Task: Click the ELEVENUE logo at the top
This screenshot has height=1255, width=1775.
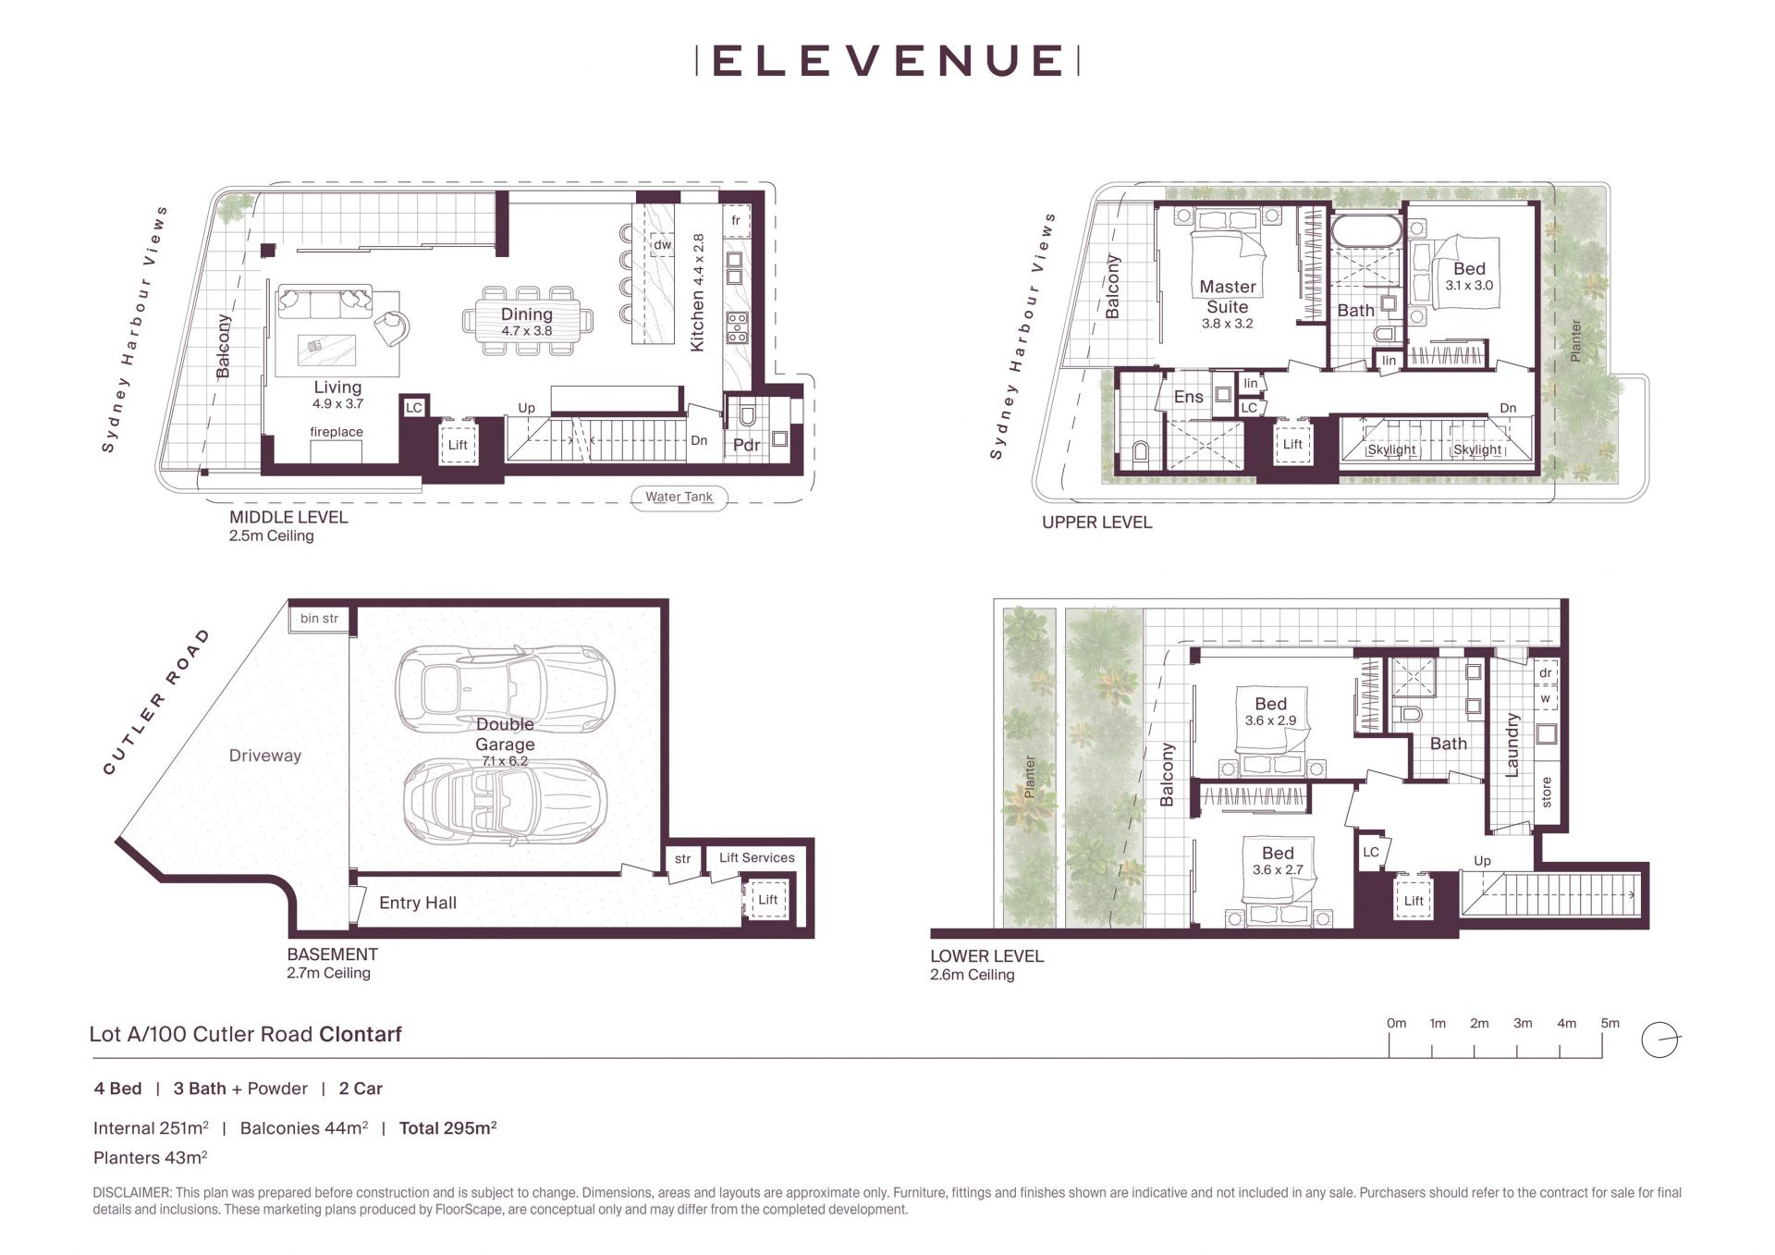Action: (887, 60)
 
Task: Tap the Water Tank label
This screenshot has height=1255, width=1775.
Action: (679, 497)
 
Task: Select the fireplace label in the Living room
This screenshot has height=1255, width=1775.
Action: (337, 432)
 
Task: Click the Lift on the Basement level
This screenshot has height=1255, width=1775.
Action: (768, 899)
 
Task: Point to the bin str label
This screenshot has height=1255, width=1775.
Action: (319, 618)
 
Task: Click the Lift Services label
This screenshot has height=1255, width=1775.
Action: (757, 857)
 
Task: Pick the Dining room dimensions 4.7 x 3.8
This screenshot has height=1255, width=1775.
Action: (527, 331)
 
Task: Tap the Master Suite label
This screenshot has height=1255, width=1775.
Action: (1228, 297)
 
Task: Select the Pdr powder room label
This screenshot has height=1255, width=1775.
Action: (746, 445)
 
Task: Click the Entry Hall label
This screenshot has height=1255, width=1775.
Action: (418, 903)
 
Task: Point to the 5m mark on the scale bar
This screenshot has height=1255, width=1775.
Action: (1610, 1023)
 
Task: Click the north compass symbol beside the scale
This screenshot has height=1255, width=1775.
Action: (1660, 1040)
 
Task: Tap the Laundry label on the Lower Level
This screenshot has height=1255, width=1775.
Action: (1512, 744)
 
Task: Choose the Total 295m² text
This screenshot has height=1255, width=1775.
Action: (448, 1127)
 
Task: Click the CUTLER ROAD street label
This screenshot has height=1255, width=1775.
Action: (156, 702)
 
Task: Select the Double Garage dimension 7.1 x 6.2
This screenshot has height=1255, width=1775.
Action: (505, 761)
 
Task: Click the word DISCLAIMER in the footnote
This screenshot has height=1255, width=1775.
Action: (131, 1193)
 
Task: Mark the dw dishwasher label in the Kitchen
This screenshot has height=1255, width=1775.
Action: (662, 245)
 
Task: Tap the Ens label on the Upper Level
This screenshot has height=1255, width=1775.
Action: (1189, 397)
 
